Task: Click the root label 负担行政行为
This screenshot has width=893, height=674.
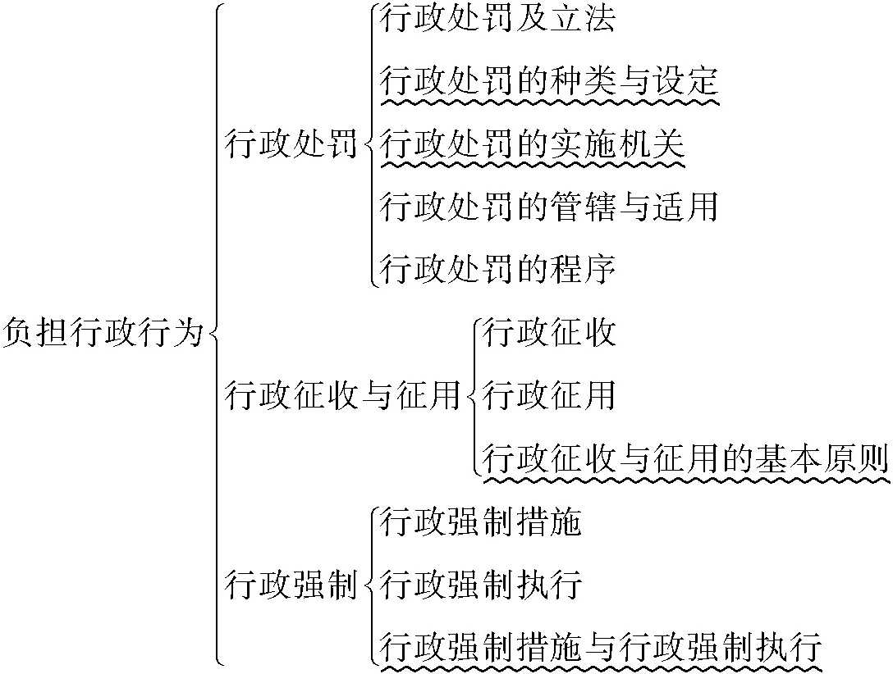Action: coord(102,334)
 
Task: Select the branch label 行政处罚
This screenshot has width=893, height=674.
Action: coord(291,146)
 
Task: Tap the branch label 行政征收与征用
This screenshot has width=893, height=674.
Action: coord(343,396)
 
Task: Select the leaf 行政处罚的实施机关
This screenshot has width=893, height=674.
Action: coord(533,144)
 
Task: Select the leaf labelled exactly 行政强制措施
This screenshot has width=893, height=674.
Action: coord(481,522)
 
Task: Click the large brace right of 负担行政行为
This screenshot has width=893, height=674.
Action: coord(215,334)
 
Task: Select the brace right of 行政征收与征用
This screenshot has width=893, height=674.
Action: coord(474,396)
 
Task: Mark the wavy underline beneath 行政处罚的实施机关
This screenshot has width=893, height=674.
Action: coord(533,164)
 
